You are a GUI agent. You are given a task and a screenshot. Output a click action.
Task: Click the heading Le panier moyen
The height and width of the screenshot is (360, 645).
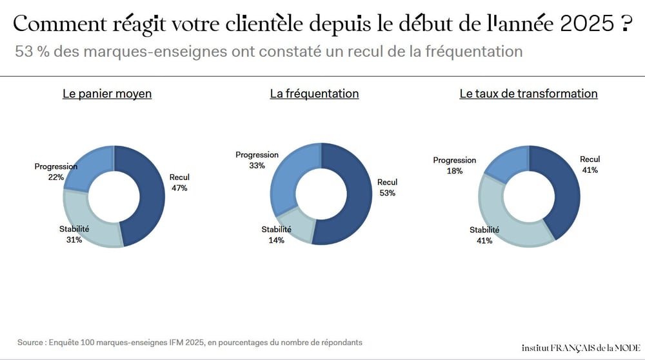pyautogui.click(x=107, y=94)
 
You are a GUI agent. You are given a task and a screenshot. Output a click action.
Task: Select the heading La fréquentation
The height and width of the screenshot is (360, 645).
pyautogui.click(x=314, y=94)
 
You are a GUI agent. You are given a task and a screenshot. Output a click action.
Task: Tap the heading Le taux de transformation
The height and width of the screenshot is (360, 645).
pyautogui.click(x=528, y=94)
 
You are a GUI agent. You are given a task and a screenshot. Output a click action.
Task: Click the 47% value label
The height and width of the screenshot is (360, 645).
pyautogui.click(x=179, y=188)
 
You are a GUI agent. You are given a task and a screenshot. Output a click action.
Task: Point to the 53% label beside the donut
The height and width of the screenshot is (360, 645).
pyautogui.click(x=387, y=193)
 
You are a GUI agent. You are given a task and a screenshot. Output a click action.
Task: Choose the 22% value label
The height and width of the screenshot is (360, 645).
pyautogui.click(x=55, y=177)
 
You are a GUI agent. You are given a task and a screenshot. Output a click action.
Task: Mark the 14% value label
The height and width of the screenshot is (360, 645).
pyautogui.click(x=276, y=240)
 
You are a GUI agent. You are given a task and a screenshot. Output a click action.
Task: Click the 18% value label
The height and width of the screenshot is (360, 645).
pyautogui.click(x=455, y=171)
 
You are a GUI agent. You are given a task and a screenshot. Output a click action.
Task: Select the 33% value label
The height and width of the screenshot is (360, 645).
pyautogui.click(x=257, y=166)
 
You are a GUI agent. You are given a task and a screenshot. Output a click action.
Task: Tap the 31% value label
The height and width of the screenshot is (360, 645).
pyautogui.click(x=74, y=240)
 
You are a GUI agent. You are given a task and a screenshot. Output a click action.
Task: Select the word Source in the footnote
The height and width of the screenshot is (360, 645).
pyautogui.click(x=30, y=342)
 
